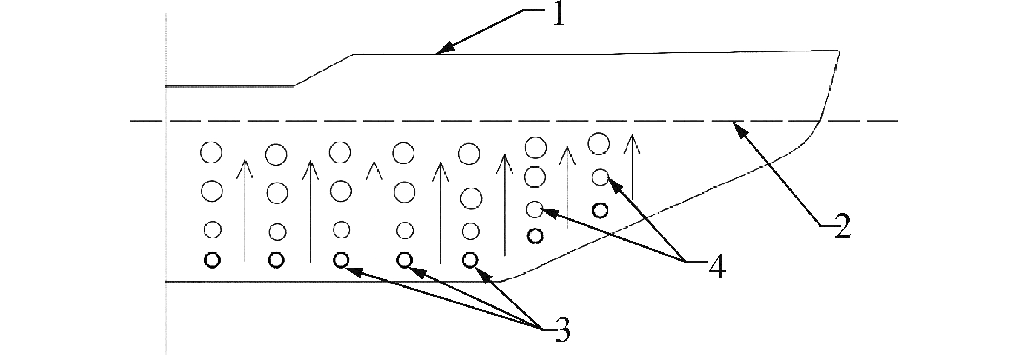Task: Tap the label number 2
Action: [x=841, y=226]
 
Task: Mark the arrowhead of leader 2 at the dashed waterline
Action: [x=735, y=125]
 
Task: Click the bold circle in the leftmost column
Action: [x=212, y=260]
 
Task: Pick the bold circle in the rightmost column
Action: [x=599, y=210]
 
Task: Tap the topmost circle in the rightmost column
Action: [x=599, y=143]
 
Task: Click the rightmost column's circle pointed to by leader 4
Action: [x=600, y=177]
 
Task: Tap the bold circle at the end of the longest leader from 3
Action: [x=340, y=260]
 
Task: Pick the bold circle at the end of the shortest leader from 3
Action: [x=470, y=260]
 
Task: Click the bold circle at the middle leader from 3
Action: [x=404, y=260]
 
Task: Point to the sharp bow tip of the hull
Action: [x=839, y=51]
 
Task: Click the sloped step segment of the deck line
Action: [x=323, y=70]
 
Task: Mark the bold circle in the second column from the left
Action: [x=276, y=260]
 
